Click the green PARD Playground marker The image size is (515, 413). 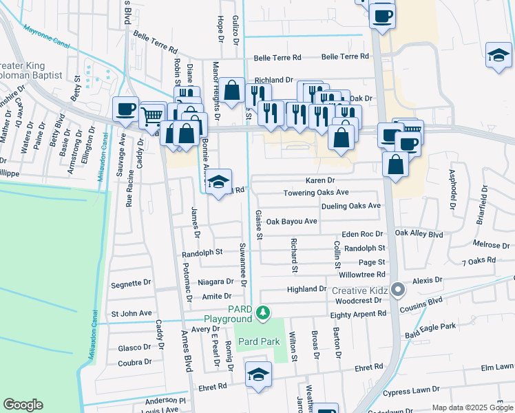click(262, 314)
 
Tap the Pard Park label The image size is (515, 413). click(258, 341)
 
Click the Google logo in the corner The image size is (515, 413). click(23, 404)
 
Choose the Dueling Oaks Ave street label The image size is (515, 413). click(350, 206)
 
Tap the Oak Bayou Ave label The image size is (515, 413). click(291, 222)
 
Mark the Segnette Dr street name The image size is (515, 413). click(131, 283)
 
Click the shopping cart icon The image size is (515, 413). click(151, 116)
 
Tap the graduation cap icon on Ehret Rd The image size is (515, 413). click(258, 374)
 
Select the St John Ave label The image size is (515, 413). click(132, 313)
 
